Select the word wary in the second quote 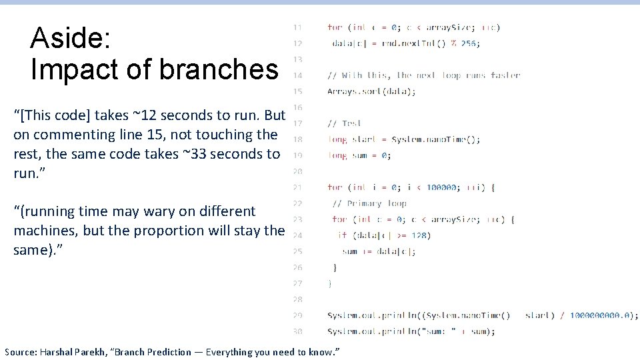(157, 211)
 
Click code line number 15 (297, 91)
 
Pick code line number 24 (297, 235)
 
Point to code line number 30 (297, 331)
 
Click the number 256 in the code (469, 43)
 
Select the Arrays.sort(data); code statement (371, 91)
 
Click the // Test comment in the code (344, 123)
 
